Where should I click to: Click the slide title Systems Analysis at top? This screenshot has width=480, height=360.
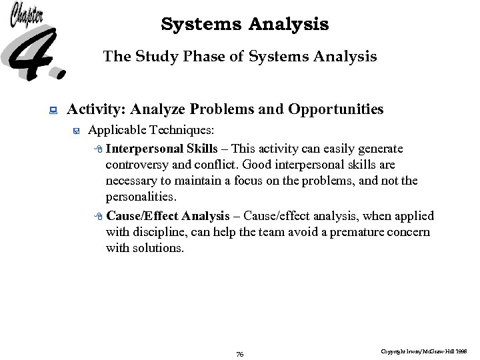(245, 25)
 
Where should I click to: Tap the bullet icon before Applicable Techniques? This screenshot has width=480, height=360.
(77, 131)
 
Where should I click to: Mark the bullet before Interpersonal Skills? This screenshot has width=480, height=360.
(98, 149)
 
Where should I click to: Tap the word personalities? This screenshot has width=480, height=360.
(141, 198)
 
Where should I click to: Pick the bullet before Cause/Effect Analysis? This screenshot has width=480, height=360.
(98, 216)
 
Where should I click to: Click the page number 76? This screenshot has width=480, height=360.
(240, 354)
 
